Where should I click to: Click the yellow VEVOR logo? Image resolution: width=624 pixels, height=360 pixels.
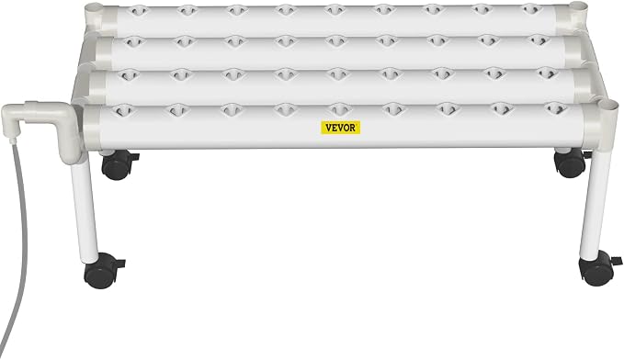(341, 128)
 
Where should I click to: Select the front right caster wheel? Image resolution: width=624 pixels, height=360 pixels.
(597, 268)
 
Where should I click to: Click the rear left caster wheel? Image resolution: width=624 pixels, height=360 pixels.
(118, 163)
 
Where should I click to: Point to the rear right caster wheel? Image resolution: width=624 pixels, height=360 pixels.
(571, 163)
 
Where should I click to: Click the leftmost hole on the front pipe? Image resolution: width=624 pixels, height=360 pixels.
(123, 110)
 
